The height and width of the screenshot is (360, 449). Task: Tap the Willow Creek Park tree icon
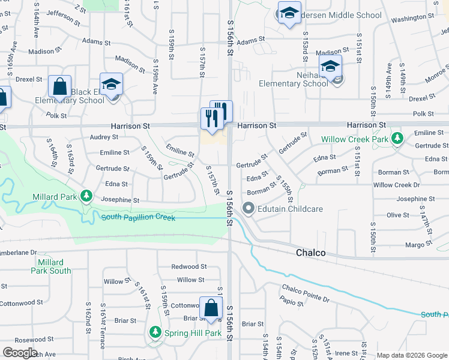coord(397,139)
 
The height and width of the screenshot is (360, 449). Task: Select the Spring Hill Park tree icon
coord(155,332)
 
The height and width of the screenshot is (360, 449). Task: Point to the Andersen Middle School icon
coord(289,14)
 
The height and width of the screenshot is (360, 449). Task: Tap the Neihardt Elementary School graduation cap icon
coord(330,67)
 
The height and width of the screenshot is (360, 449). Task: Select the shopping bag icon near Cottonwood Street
coord(211,308)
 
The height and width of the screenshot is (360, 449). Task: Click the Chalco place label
coord(311,253)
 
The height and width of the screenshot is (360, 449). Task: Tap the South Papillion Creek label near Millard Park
coord(138,217)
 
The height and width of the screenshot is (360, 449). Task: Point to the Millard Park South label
coord(51,266)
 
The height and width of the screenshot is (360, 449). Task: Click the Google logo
coord(20,353)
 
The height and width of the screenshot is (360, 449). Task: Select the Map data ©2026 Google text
coord(411,355)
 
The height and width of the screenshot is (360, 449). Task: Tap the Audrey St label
coord(104,137)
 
